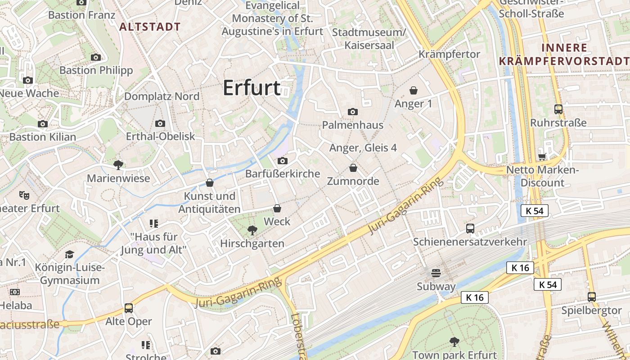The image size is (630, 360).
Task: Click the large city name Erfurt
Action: pos(252,88)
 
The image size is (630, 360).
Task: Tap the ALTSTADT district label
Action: pos(150,27)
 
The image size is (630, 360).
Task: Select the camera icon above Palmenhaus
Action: pos(353,112)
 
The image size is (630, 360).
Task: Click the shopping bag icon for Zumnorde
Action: pos(353,168)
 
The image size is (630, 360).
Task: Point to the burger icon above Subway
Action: pos(436,273)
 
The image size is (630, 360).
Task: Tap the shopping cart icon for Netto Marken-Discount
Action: pos(542,157)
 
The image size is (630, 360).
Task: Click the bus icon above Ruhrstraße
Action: pos(558,109)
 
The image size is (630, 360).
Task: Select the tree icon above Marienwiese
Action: pos(118,165)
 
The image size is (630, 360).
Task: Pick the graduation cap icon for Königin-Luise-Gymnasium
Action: pos(69,254)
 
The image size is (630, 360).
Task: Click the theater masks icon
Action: pos(24,195)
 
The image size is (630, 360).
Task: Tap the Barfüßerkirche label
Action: pos(283,174)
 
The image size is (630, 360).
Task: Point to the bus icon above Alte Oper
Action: pos(129,308)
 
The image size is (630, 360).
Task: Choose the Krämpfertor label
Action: pos(449,54)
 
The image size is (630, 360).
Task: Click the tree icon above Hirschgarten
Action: pos(252,230)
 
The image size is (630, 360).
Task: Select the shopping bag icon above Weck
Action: pos(277,208)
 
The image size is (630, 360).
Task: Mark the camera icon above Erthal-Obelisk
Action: pos(160,123)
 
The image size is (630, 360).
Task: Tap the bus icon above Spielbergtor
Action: pos(592,297)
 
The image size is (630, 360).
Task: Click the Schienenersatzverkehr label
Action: pos(470,242)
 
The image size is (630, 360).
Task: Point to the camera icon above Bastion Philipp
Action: pos(96,57)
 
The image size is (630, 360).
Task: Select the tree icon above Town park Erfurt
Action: pos(454,342)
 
